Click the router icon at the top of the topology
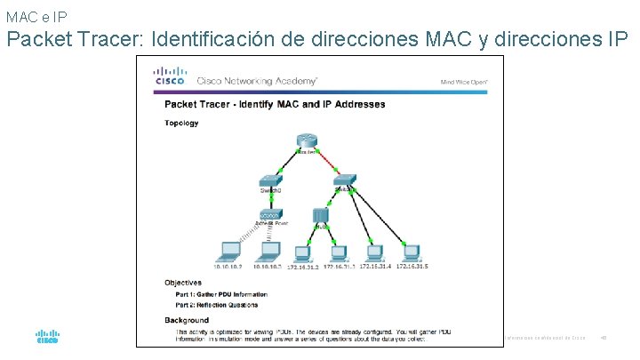click(308, 143)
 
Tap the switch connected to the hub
click(344, 180)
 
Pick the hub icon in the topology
click(322, 216)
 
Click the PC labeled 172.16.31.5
click(411, 250)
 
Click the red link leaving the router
click(330, 163)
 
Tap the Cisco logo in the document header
click(169, 76)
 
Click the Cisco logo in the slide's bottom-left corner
click(47, 337)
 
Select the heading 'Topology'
click(182, 123)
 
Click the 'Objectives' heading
click(183, 283)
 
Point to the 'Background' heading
click(187, 320)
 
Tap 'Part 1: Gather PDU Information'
click(215, 294)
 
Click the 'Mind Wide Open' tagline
click(464, 81)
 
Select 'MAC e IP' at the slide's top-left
click(35, 16)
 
